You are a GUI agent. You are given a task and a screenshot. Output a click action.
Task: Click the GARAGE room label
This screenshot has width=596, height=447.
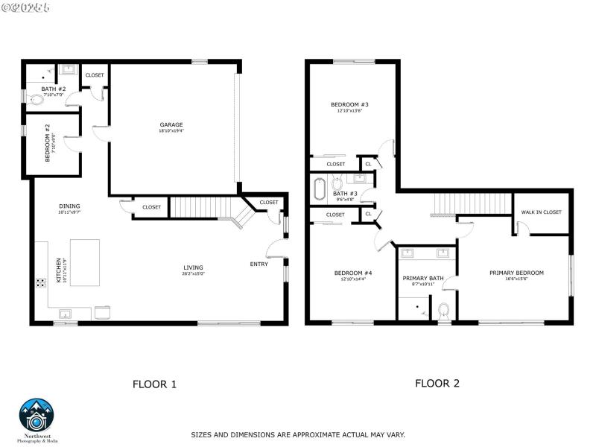click(x=171, y=124)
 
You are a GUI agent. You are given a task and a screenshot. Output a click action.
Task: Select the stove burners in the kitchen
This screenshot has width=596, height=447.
click(x=38, y=283)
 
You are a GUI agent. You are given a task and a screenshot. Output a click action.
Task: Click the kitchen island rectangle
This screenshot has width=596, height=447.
click(x=84, y=262)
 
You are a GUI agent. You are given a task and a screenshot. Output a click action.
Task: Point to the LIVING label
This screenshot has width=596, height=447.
click(x=194, y=267)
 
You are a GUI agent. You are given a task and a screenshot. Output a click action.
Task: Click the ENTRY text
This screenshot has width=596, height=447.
click(x=259, y=264)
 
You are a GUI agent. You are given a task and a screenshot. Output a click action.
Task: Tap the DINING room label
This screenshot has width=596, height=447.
click(x=69, y=206)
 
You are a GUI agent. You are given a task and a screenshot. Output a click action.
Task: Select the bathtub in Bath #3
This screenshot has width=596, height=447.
click(x=320, y=190)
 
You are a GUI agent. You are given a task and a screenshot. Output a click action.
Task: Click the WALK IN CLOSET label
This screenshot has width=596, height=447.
click(x=541, y=212)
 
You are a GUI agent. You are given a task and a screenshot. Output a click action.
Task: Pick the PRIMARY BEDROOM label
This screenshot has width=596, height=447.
click(x=516, y=273)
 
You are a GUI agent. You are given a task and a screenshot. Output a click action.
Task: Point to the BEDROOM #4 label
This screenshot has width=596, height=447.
click(x=353, y=273)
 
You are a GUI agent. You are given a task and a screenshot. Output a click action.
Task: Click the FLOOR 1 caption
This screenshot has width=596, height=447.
click(x=154, y=384)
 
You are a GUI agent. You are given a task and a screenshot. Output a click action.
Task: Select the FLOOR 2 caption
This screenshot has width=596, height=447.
click(x=437, y=383)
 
